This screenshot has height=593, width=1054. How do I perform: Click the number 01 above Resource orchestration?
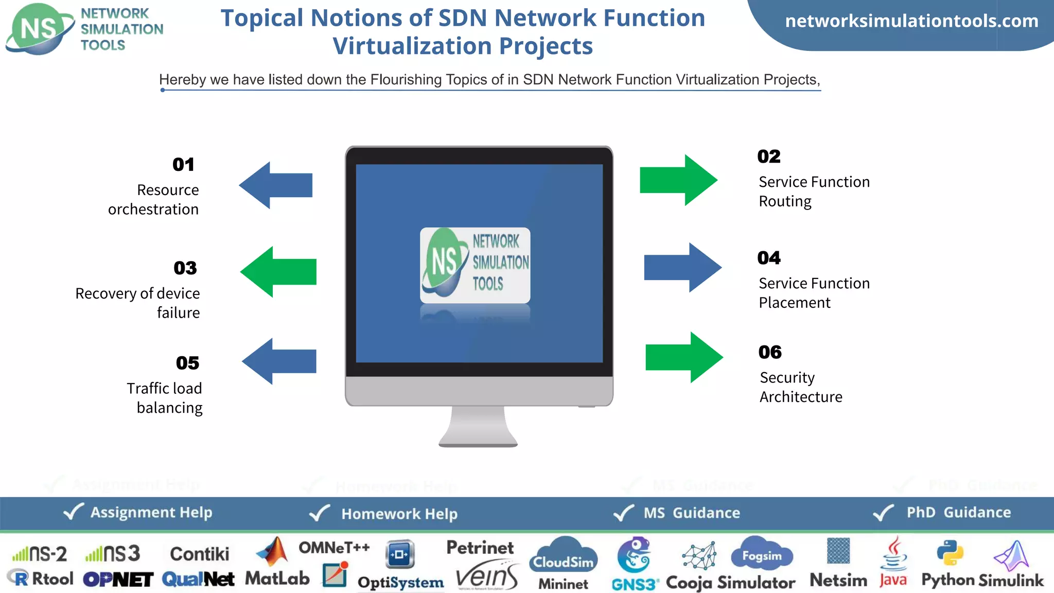click(x=183, y=165)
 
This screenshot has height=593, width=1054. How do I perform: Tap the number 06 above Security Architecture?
click(x=770, y=352)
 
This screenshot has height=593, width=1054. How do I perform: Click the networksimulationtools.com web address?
click(x=911, y=21)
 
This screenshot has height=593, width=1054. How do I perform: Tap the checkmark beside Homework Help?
click(x=319, y=513)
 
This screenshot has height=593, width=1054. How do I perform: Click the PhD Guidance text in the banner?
click(x=958, y=512)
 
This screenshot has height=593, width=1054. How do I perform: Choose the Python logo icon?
click(x=950, y=554)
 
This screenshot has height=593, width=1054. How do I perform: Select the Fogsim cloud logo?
click(x=762, y=555)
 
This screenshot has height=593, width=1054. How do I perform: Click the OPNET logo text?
click(x=118, y=580)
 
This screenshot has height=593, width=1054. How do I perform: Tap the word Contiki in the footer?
click(x=199, y=554)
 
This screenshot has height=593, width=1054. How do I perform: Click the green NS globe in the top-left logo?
click(x=38, y=29)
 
